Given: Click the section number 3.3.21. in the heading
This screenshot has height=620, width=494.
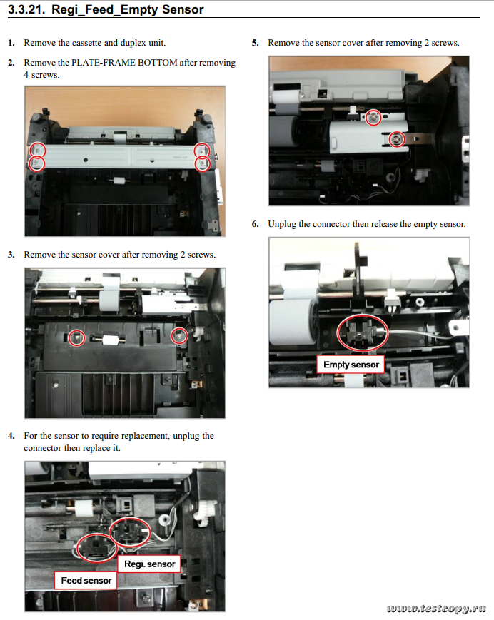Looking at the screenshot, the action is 26,9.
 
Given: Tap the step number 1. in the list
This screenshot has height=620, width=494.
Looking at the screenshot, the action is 11,43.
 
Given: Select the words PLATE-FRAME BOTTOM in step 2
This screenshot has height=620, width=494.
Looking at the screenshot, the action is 124,63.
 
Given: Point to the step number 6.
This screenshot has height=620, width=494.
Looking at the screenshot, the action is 256,224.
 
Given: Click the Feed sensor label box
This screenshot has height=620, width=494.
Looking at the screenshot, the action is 86,581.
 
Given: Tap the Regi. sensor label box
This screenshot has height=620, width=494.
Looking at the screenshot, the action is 149,564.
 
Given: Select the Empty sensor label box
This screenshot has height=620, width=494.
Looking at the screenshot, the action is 351,365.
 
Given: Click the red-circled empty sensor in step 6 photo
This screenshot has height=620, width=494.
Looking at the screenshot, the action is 363,333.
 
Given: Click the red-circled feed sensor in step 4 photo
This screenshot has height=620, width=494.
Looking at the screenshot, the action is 96,549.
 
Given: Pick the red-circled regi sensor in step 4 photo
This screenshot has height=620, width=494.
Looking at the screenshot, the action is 130,532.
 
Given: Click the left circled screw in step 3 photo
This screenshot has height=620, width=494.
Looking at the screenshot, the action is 76,338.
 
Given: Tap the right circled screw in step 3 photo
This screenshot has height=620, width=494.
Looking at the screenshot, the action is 179,337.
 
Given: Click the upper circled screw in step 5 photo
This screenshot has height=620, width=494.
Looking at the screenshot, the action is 373,118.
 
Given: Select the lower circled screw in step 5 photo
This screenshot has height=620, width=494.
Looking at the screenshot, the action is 397,139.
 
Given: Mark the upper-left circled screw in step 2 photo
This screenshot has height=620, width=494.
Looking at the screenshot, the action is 37,151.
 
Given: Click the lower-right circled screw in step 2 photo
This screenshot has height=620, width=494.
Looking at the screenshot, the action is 203,163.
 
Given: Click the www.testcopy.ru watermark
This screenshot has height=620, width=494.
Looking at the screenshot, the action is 436,608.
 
